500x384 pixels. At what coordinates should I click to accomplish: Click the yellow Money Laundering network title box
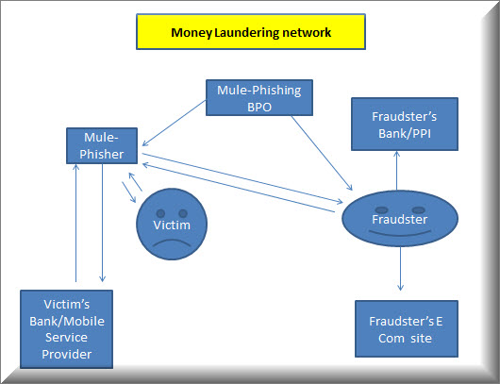[251, 31]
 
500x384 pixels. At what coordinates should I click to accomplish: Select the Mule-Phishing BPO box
[259, 97]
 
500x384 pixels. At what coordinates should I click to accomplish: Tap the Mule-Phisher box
[102, 145]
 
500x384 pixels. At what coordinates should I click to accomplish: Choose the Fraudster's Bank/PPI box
[405, 124]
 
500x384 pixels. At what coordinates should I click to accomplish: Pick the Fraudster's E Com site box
[407, 329]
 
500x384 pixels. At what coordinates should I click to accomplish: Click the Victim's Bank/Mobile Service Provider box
[66, 329]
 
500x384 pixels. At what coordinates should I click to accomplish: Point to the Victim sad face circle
[172, 224]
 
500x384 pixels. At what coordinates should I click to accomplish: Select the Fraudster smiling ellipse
[400, 219]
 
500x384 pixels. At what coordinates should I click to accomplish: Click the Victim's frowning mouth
[172, 243]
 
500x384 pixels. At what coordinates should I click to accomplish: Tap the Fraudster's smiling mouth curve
[400, 234]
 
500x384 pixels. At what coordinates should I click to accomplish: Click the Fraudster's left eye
[382, 209]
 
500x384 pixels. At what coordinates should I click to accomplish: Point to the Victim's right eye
[183, 213]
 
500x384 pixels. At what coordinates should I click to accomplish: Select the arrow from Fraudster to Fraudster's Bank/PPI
[396, 171]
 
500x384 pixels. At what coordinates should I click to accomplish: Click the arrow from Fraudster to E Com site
[401, 269]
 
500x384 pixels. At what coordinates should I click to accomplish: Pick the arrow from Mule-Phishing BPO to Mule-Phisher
[175, 123]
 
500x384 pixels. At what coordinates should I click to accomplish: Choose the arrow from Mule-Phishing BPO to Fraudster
[322, 153]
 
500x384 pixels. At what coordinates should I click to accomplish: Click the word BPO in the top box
[259, 108]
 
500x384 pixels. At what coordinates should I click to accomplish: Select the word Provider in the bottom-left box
[67, 354]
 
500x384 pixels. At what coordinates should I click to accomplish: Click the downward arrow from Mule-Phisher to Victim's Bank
[103, 223]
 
